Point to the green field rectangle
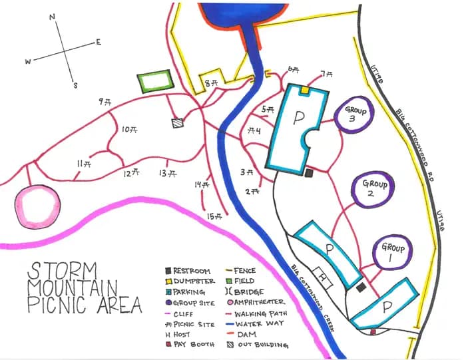[x=154, y=82]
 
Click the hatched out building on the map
[x=176, y=123]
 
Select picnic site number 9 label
[x=105, y=101]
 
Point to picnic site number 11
[x=84, y=164]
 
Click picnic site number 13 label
[x=166, y=173]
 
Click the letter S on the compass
[x=76, y=85]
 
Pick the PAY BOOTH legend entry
[x=193, y=345]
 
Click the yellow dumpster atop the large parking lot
[x=304, y=89]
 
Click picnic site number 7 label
[x=326, y=74]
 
